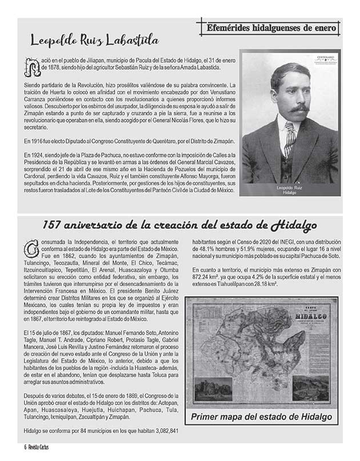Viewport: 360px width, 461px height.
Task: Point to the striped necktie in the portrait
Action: (x=290, y=139)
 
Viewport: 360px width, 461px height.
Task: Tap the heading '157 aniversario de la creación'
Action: (x=179, y=225)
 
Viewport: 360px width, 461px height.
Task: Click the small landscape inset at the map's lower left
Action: (x=213, y=388)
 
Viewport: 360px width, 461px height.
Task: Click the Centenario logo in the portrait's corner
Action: (x=325, y=61)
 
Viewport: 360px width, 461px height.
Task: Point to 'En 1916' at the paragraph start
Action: (x=33, y=140)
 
